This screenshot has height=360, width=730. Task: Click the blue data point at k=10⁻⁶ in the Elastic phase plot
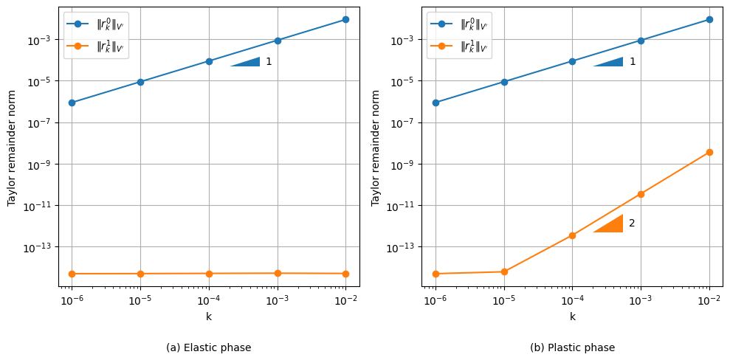coord(72,103)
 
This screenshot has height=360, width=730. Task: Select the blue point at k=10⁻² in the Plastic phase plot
coord(709,19)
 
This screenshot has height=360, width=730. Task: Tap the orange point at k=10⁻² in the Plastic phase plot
coord(709,152)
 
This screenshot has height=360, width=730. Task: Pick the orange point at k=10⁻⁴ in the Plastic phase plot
coord(572,235)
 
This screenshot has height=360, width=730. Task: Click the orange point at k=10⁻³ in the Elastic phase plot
coord(278,273)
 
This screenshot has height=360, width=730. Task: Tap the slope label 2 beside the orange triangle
coord(632,223)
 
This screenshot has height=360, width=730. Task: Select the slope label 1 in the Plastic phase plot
coord(633,62)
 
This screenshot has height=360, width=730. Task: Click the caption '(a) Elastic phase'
coord(209,347)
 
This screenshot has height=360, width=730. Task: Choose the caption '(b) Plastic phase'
coord(572,347)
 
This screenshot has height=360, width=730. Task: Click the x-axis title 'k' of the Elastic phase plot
coord(209,316)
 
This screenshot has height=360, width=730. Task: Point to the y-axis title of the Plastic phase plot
coord(376,148)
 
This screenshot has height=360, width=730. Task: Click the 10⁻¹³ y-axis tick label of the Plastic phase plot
coord(399,247)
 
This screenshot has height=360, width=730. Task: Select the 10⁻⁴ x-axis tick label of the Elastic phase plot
coord(209,300)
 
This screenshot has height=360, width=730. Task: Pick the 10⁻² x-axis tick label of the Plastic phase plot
coord(709,300)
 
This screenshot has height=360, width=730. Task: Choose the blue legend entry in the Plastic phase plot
coord(459,24)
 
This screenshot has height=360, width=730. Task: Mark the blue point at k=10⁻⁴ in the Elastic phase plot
coord(209,61)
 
